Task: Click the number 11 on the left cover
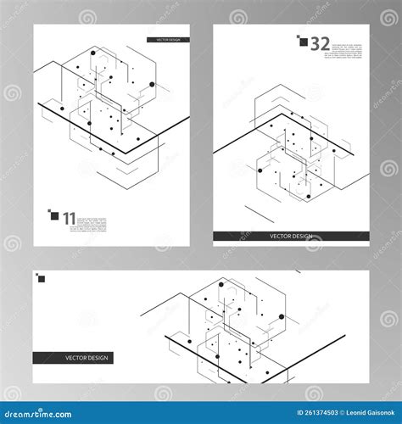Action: click(69, 218)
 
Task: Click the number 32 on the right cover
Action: click(320, 43)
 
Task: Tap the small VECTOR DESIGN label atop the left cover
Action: click(168, 39)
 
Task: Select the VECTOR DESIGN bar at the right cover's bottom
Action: click(291, 237)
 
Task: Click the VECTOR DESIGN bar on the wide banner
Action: click(87, 357)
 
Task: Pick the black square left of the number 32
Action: click(302, 39)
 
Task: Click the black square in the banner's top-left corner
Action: click(40, 277)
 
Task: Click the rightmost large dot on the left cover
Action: click(153, 85)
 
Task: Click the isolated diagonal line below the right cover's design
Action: click(259, 212)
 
